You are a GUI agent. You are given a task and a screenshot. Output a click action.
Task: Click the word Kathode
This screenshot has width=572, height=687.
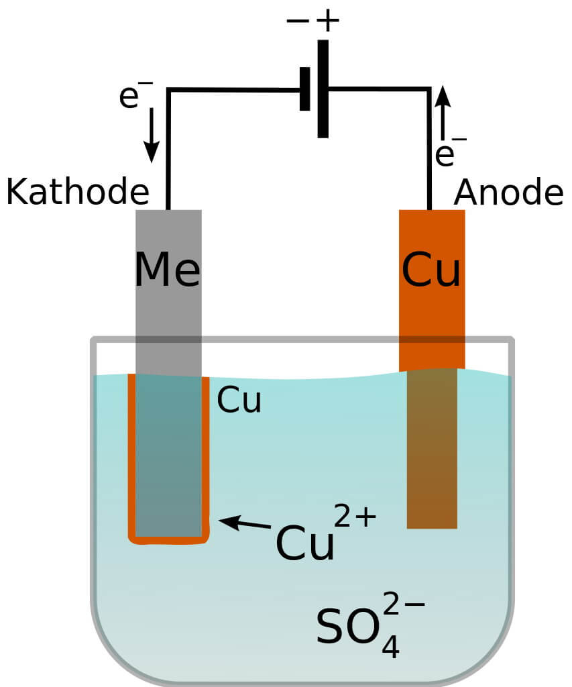click(x=77, y=193)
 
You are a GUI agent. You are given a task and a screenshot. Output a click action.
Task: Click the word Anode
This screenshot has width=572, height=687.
click(x=508, y=193)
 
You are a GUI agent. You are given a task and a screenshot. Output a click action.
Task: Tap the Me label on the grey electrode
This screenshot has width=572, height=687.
click(x=168, y=270)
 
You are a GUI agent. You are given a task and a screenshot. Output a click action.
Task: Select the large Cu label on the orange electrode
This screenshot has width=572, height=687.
click(x=431, y=270)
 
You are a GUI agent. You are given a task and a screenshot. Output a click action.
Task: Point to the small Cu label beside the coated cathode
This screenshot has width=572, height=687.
click(x=239, y=402)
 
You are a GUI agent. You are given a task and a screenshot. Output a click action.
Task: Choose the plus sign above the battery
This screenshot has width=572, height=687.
click(x=328, y=20)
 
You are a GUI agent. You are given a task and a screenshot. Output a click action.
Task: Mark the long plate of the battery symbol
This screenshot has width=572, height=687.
click(x=323, y=89)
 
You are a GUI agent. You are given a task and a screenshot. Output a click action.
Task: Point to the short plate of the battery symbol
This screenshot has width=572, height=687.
click(x=305, y=89)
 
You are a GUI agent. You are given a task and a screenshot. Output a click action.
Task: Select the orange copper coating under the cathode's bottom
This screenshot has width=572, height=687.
click(x=168, y=539)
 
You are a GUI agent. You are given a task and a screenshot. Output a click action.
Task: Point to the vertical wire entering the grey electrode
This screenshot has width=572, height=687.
click(x=168, y=154)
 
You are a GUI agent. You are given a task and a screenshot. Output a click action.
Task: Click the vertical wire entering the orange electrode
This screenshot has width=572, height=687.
click(x=429, y=154)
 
